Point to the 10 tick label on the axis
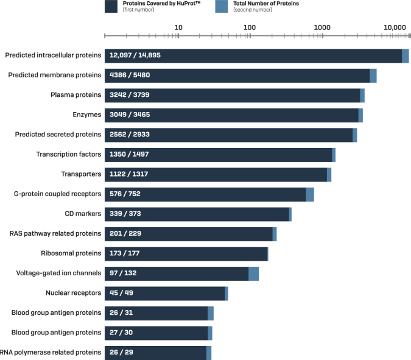pyautogui.click(x=179, y=27)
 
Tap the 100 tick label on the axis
pyautogui.click(x=249, y=27)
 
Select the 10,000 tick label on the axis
pyautogui.click(x=394, y=27)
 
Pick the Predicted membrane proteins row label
pyautogui.click(x=54, y=75)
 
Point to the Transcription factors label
pyautogui.click(x=68, y=155)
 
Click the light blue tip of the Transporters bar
pyautogui.click(x=329, y=174)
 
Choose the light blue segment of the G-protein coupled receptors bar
pyautogui.click(x=310, y=194)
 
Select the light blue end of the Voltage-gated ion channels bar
pyautogui.click(x=254, y=274)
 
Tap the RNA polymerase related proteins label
pyautogui.click(x=52, y=353)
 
